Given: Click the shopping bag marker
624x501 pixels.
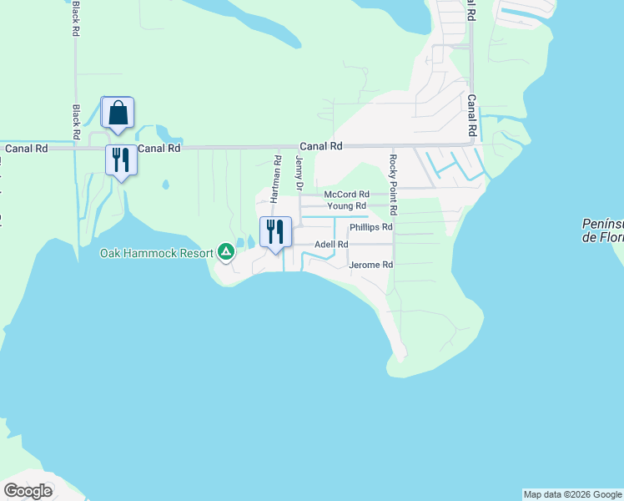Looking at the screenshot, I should (x=118, y=113).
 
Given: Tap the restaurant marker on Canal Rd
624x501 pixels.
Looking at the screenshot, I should (x=121, y=159).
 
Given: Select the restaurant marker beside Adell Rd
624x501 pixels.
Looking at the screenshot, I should (x=276, y=231).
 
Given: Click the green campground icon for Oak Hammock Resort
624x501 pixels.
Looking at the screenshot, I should (x=225, y=250).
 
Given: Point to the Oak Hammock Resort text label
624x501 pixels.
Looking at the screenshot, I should (x=157, y=252).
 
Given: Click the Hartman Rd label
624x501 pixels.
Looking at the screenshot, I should (x=274, y=179).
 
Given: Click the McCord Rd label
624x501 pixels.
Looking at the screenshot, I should (x=346, y=194).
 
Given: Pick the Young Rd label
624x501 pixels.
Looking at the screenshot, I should (x=346, y=205).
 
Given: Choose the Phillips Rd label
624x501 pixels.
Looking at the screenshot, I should (x=370, y=226).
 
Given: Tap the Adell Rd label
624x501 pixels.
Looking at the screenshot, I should (x=330, y=244).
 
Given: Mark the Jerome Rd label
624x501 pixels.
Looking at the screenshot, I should (x=370, y=265).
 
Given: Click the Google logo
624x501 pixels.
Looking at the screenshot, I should (x=28, y=490).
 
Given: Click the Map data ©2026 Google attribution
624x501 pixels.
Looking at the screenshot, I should (x=573, y=494).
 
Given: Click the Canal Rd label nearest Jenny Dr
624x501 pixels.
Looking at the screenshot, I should (x=321, y=145).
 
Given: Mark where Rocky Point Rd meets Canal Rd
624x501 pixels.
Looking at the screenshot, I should (x=390, y=145).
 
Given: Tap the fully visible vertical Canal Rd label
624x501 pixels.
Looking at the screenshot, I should (x=471, y=115).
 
